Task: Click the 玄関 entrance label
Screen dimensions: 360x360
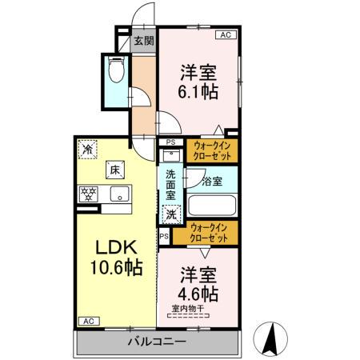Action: [145, 42]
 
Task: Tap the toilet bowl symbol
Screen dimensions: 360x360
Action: [116, 73]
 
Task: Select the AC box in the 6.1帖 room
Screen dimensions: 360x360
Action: [226, 35]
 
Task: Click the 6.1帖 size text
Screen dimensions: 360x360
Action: [197, 90]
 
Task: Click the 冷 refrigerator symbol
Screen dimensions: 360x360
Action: [87, 149]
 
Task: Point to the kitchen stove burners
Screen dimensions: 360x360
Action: [87, 194]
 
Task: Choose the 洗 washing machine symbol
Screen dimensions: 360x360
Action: [171, 214]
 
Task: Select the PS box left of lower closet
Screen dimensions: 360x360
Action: [164, 237]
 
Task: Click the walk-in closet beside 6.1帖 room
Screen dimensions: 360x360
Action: [212, 151]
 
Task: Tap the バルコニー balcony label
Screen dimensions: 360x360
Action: [158, 342]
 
